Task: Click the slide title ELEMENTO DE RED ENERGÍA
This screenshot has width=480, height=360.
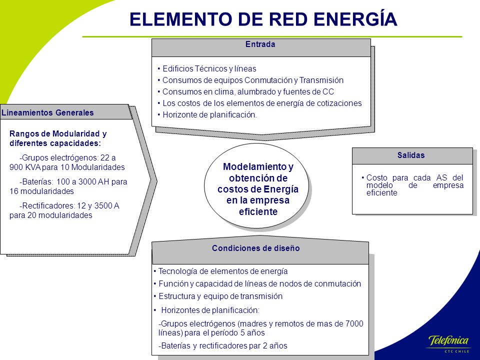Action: (x=263, y=19)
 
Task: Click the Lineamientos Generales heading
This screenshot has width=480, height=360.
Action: (x=47, y=112)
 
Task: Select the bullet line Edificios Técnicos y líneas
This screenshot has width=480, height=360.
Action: (x=207, y=68)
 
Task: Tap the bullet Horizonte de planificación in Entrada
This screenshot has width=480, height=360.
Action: (x=207, y=115)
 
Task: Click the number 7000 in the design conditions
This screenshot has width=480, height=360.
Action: (x=354, y=323)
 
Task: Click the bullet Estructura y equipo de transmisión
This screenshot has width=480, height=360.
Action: (x=218, y=296)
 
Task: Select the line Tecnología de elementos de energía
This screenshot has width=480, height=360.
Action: (x=220, y=271)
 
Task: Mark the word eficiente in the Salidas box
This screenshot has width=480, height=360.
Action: (x=381, y=193)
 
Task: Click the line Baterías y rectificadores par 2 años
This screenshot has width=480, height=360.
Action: (x=223, y=346)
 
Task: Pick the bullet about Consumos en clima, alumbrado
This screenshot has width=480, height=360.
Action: (x=246, y=92)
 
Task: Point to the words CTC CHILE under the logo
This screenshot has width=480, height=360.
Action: (x=456, y=351)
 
